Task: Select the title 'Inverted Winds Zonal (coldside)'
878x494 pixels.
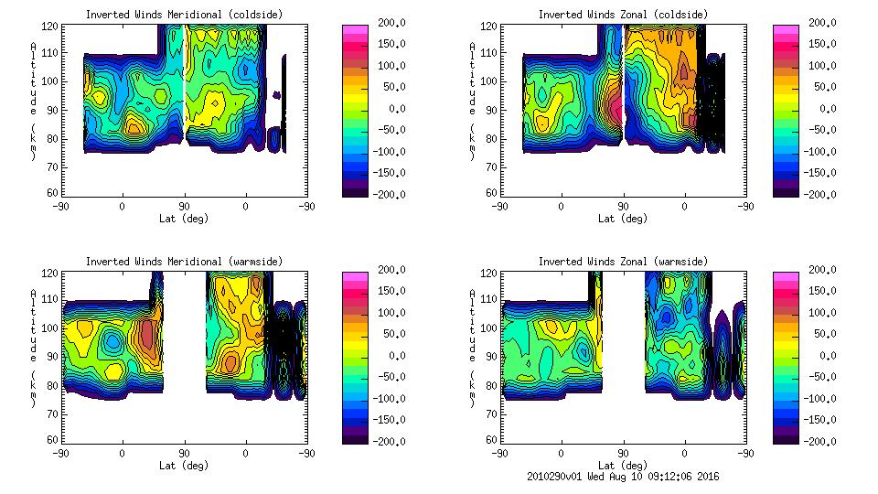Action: pos(623,15)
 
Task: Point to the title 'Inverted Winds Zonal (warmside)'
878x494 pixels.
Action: pos(623,262)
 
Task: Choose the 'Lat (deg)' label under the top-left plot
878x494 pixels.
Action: pos(183,219)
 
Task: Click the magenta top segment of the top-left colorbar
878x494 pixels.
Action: pos(354,29)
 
